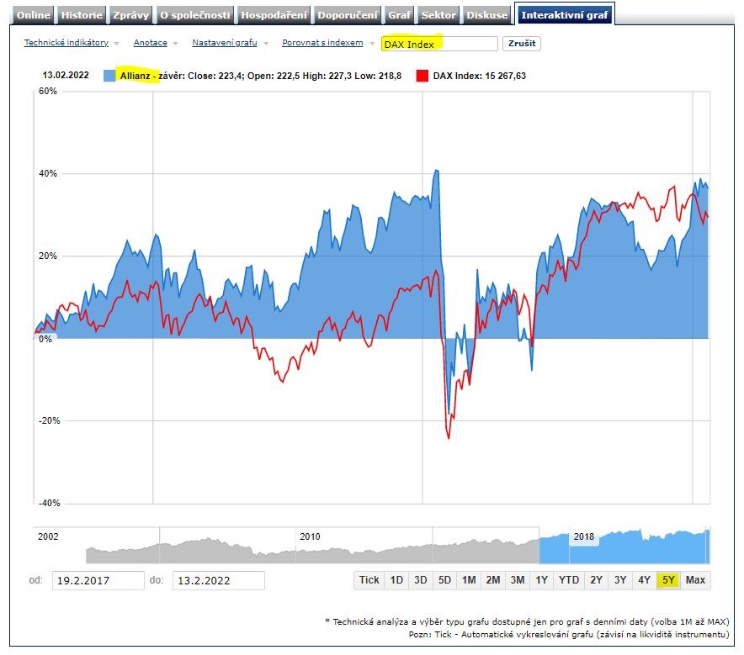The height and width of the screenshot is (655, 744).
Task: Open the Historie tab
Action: click(x=82, y=15)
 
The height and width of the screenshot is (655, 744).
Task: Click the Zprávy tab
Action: click(x=131, y=15)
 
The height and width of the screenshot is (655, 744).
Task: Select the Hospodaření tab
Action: click(x=274, y=15)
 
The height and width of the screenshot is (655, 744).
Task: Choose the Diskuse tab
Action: click(x=487, y=15)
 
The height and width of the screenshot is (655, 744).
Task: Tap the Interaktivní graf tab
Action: click(x=565, y=15)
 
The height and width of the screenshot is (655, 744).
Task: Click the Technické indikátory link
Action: click(x=66, y=43)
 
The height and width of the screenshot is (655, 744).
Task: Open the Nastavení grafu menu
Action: click(x=224, y=43)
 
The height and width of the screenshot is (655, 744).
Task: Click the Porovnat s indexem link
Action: click(x=322, y=43)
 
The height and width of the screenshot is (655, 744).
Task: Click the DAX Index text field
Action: click(x=438, y=44)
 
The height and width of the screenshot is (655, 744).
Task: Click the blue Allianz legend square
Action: click(x=109, y=76)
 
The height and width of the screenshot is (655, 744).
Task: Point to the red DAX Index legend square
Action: click(x=422, y=76)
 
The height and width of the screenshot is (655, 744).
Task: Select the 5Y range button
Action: click(x=668, y=580)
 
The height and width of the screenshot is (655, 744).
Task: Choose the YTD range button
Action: click(x=569, y=580)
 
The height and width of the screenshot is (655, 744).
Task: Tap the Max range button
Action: click(x=695, y=580)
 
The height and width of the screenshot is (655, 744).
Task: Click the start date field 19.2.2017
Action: click(x=98, y=580)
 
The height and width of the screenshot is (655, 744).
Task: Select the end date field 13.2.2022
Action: click(x=218, y=580)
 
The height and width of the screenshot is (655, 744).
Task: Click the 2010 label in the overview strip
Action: click(x=310, y=536)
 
